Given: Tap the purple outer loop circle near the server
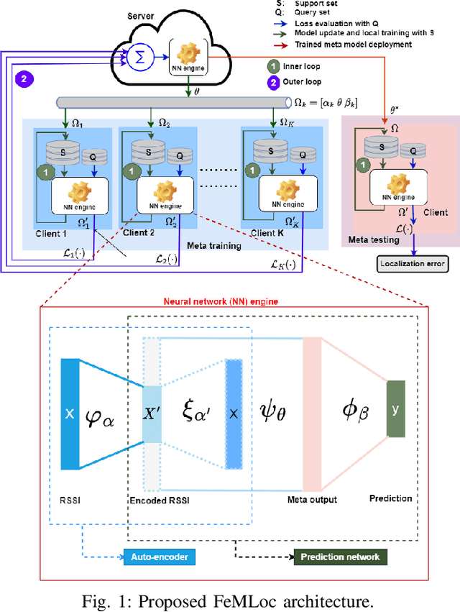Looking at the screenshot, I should (x=24, y=80).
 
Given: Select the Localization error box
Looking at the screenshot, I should (x=414, y=265).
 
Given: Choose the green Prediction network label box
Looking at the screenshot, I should (x=339, y=556).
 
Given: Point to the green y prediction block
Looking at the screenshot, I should (x=395, y=408).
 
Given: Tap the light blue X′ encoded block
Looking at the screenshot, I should (x=152, y=414).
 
